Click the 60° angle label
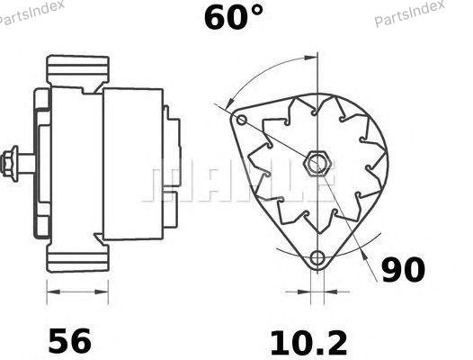(x=234, y=17)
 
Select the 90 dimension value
(x=404, y=269)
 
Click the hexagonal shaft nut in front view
(x=317, y=163)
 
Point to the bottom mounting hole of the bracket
(x=317, y=258)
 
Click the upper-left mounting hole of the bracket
(x=241, y=120)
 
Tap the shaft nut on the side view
(x=9, y=164)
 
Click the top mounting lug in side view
(x=78, y=69)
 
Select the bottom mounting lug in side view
(x=78, y=257)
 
